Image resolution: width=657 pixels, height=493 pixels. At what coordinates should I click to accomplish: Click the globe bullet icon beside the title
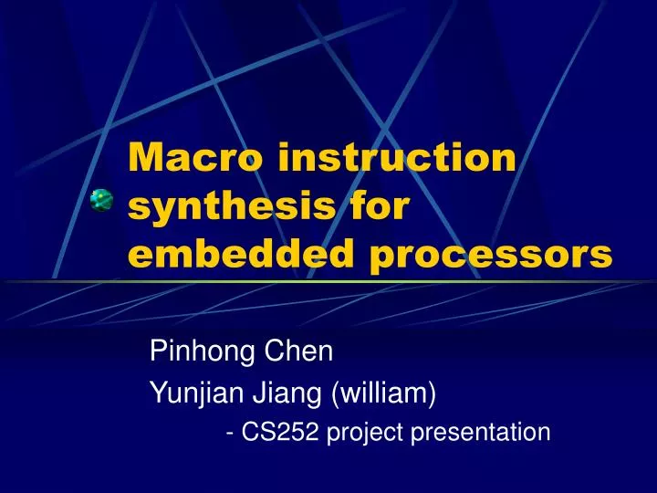coord(101,200)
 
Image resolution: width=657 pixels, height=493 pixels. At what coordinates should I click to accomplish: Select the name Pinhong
coord(189,351)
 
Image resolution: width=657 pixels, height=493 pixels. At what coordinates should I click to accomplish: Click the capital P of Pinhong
coord(157,351)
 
